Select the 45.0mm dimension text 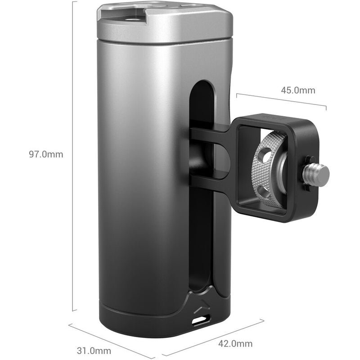[298, 90]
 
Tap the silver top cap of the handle [166, 22]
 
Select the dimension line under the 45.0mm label [281, 101]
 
